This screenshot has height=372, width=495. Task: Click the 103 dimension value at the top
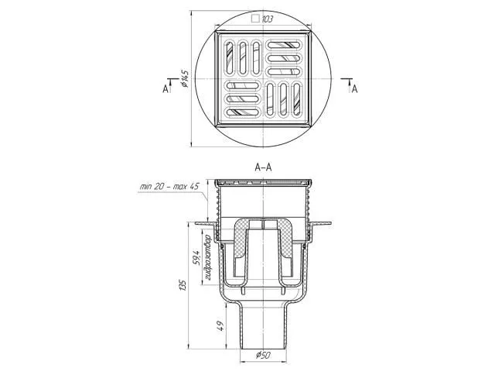(x=268, y=19)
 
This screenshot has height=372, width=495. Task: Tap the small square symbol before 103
(x=255, y=19)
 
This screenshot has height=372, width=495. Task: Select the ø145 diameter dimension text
(x=185, y=78)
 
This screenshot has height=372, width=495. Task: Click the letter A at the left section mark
(x=166, y=89)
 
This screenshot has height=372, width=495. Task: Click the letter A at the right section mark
(x=355, y=89)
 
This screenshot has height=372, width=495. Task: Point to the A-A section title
(x=263, y=167)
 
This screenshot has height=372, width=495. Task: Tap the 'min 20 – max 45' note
(x=169, y=187)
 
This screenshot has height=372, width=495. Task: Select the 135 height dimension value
(x=183, y=284)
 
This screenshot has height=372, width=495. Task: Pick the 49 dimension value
(x=220, y=325)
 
